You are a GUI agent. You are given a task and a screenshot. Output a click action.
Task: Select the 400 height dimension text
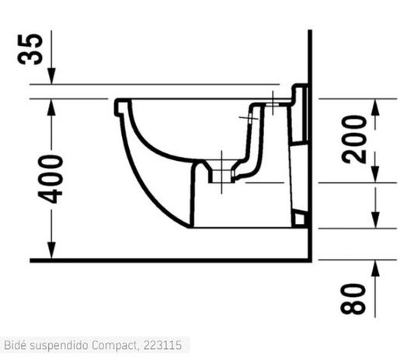click(53, 179)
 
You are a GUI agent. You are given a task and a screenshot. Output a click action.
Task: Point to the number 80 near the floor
click(355, 299)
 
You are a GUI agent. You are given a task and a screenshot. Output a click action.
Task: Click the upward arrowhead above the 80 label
click(374, 267)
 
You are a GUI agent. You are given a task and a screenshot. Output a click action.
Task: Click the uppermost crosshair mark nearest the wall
click(273, 100)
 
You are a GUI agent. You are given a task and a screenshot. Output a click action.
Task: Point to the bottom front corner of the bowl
click(189, 226)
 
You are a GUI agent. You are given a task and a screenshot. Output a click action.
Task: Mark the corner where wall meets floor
click(309, 259)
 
